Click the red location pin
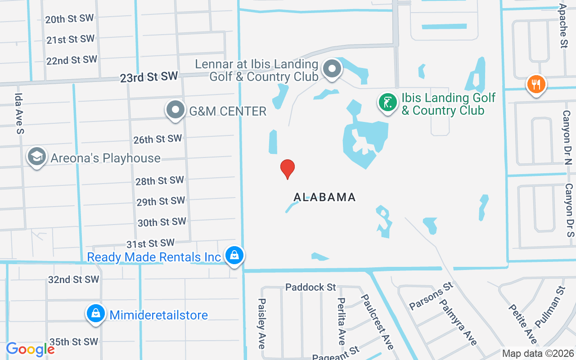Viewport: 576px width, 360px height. coord(288,169)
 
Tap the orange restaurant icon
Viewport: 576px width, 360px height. coord(535,84)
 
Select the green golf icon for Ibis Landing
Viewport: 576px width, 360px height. coord(387,102)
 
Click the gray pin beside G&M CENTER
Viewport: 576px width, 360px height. coord(175,109)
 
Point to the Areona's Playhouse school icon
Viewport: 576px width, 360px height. coord(36,157)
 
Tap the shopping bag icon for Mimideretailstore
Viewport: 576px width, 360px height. coord(95,313)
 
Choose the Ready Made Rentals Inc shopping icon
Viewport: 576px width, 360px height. coord(234,256)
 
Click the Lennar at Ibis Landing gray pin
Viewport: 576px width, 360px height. coord(333,69)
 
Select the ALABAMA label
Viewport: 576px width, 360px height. coord(324,197)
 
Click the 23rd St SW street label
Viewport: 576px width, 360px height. coord(149,77)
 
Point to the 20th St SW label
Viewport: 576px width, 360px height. coord(69,19)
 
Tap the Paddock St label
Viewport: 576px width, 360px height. coord(311,287)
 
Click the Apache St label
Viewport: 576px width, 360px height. coord(563,26)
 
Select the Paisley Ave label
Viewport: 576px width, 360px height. coord(262,323)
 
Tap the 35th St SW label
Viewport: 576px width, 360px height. coord(73,342)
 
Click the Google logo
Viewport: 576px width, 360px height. coord(30,349)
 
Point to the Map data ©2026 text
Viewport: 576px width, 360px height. coord(538,353)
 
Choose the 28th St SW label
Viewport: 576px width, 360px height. coord(160,181)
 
